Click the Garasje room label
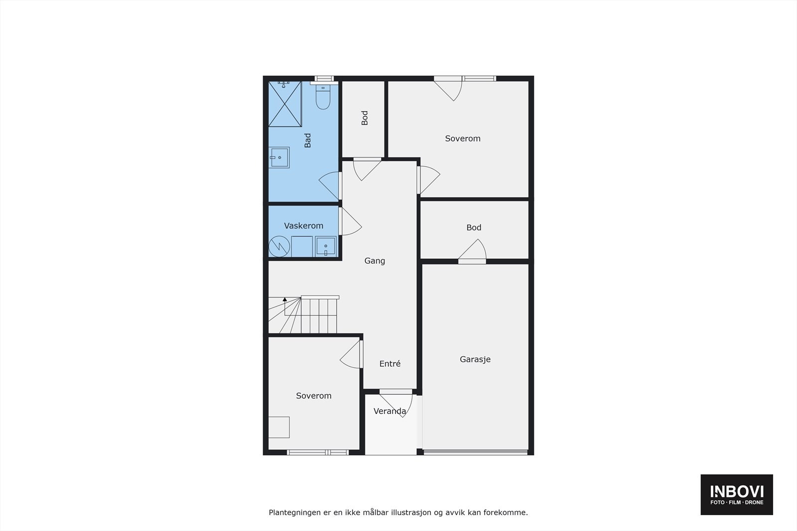(x=475, y=359)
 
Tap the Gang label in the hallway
(x=375, y=261)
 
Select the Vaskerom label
(x=303, y=226)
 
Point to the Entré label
(x=390, y=364)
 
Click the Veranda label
(x=390, y=412)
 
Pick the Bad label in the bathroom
(x=307, y=140)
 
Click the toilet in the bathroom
(x=323, y=98)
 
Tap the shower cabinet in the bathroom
(x=285, y=104)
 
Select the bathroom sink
(x=279, y=157)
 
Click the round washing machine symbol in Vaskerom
(x=279, y=246)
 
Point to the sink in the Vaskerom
(x=326, y=246)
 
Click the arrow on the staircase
(x=284, y=300)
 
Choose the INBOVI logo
(x=737, y=494)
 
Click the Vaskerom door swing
(x=350, y=222)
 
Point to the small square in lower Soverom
(x=279, y=427)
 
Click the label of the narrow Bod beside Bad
(x=365, y=118)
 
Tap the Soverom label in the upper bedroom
(x=463, y=139)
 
